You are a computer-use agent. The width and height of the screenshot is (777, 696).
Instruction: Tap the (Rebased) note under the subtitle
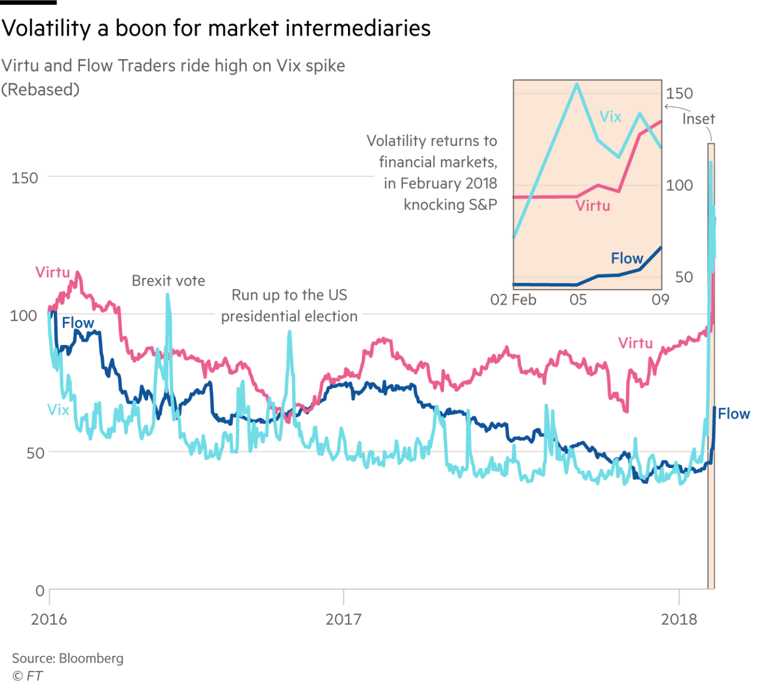pyautogui.click(x=41, y=89)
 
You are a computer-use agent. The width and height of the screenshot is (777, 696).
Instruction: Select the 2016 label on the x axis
pyautogui.click(x=49, y=619)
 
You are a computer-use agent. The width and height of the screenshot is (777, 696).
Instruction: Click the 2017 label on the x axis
pyautogui.click(x=343, y=619)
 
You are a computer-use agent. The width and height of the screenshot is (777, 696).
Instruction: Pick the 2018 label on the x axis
pyautogui.click(x=679, y=619)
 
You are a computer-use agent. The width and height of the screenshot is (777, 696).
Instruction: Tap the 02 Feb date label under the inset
pyautogui.click(x=513, y=300)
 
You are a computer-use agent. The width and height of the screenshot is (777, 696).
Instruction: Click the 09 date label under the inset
pyautogui.click(x=660, y=300)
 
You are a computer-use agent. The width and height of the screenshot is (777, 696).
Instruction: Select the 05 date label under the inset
pyautogui.click(x=578, y=300)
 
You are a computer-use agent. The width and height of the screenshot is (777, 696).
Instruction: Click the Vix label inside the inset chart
pyautogui.click(x=610, y=116)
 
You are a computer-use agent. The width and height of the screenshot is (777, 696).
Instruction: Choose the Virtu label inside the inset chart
pyautogui.click(x=593, y=206)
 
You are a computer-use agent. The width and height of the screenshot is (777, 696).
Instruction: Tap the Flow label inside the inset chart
pyautogui.click(x=627, y=258)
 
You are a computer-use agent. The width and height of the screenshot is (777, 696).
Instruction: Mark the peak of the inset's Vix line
pyautogui.click(x=577, y=84)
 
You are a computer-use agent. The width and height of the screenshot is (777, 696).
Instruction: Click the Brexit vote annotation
pyautogui.click(x=169, y=281)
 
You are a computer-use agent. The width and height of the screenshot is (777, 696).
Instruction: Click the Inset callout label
pyautogui.click(x=698, y=119)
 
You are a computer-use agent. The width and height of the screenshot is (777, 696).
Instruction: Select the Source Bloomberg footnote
pyautogui.click(x=68, y=658)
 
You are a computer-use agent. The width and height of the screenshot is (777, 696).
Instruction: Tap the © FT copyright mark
pyautogui.click(x=27, y=676)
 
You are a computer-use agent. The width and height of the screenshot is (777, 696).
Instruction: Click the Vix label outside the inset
pyautogui.click(x=58, y=410)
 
